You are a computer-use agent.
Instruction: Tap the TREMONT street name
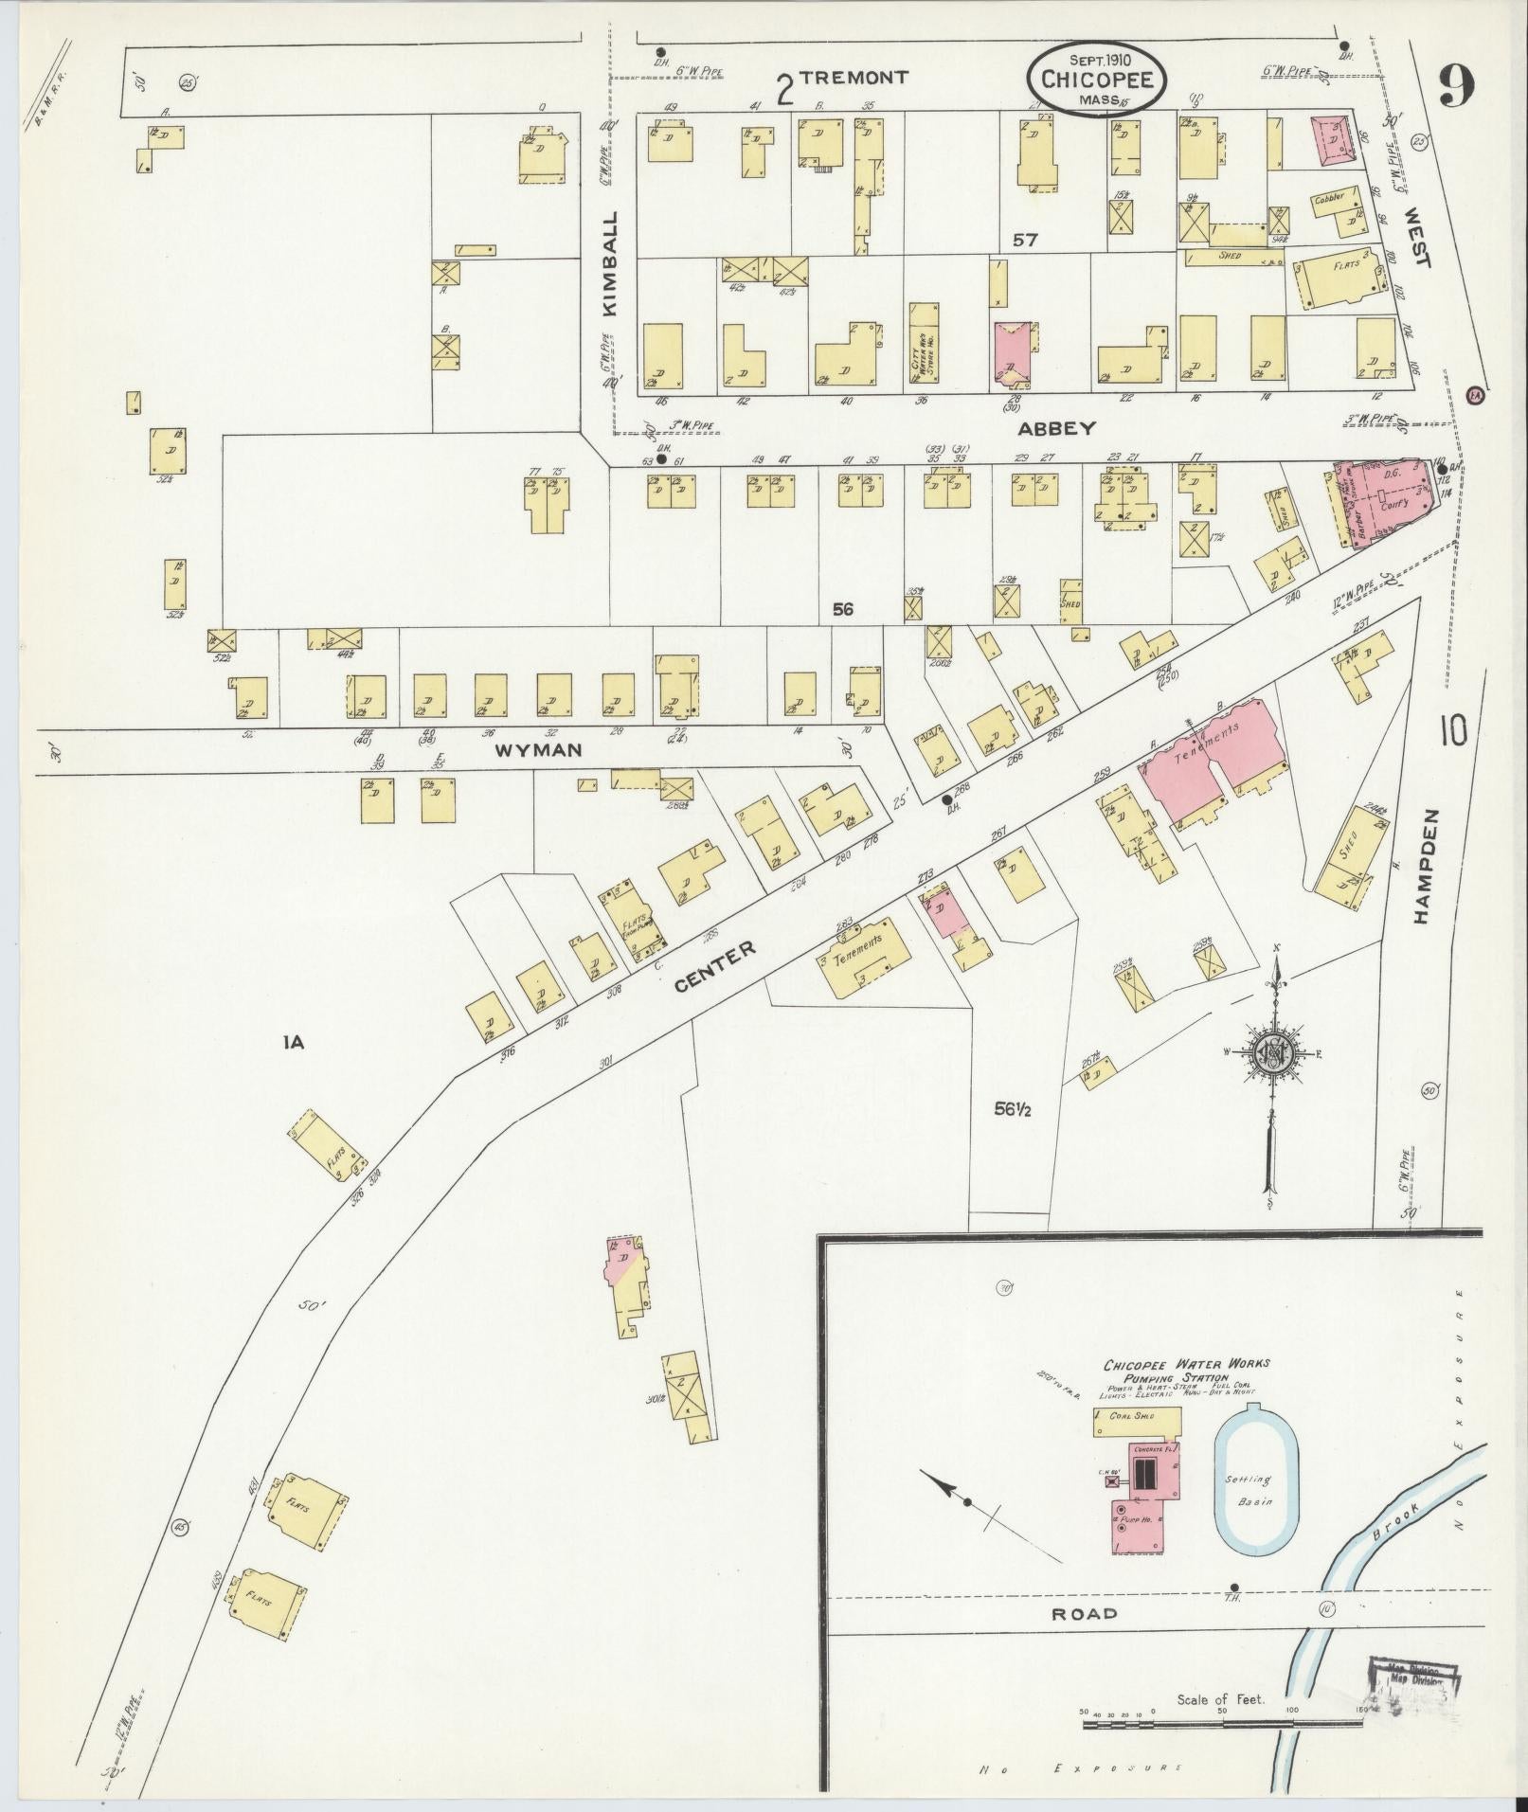click(854, 78)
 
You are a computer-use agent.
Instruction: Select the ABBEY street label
click(1056, 428)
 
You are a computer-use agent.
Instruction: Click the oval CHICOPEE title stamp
click(1097, 81)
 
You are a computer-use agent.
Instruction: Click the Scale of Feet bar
click(1222, 1716)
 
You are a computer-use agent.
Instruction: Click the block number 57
click(1025, 241)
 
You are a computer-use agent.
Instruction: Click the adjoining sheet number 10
click(1454, 731)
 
